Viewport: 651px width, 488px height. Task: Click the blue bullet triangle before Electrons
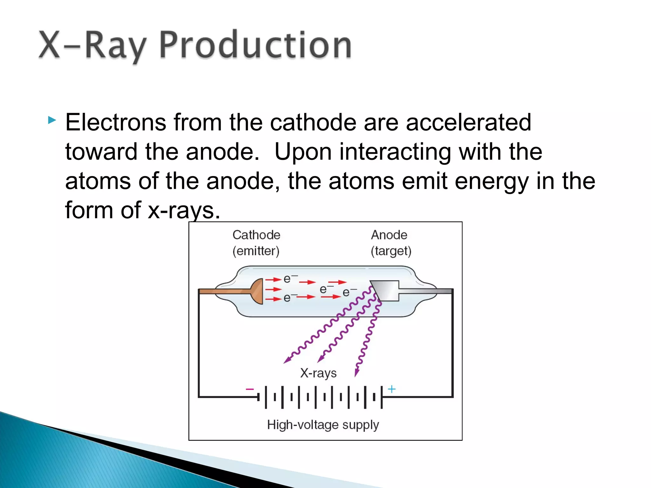(52, 120)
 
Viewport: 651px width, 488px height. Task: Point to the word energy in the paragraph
(491, 181)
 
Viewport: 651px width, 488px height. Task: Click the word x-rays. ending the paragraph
(184, 210)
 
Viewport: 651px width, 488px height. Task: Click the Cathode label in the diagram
(256, 235)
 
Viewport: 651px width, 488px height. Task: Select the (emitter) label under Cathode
(256, 251)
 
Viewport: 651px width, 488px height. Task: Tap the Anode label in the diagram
(389, 235)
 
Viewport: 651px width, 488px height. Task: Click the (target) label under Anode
(391, 251)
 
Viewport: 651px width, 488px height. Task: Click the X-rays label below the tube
(318, 373)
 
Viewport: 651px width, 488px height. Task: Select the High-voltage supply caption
(323, 425)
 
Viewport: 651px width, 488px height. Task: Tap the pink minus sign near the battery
(250, 389)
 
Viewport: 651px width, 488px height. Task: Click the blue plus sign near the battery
(392, 389)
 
